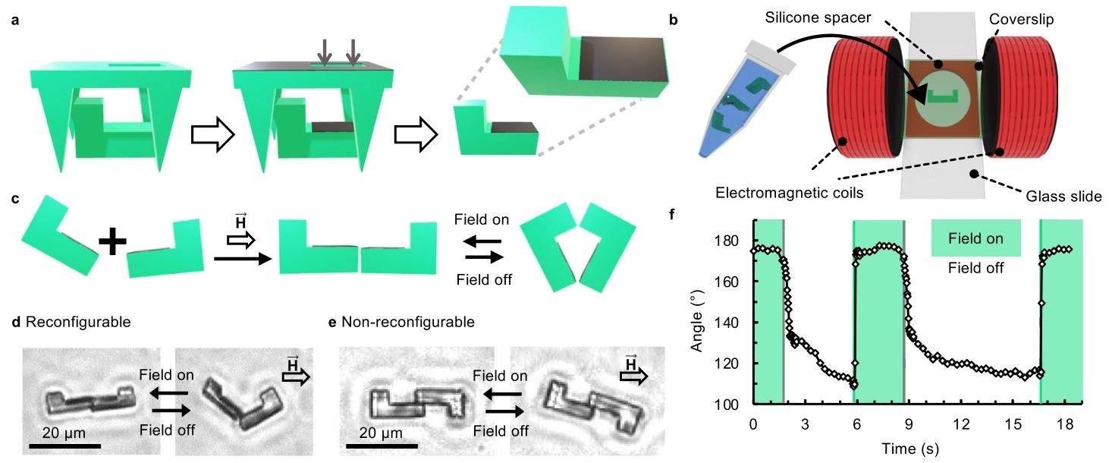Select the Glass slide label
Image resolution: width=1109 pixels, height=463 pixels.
pos(1065,197)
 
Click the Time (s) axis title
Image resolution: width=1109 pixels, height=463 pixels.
pos(910,449)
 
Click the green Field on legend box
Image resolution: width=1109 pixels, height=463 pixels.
pos(975,239)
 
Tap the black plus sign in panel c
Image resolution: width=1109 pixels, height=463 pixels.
pos(112,244)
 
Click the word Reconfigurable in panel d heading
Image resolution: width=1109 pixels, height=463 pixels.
pos(78,322)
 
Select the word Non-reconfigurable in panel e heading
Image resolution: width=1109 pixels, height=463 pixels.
pos(408,322)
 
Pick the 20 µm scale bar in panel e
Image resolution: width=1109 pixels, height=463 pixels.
pos(378,445)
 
